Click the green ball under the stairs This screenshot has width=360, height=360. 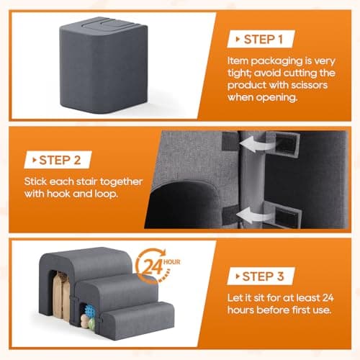[x=92, y=323]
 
